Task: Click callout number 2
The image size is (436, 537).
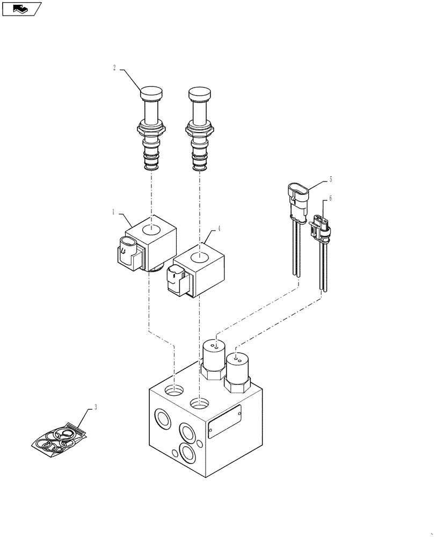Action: [114, 68]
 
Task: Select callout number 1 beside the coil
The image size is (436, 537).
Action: [114, 213]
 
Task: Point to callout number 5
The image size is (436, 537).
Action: [331, 179]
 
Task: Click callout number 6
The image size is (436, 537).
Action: [331, 198]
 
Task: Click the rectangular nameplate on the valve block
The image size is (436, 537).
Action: [224, 422]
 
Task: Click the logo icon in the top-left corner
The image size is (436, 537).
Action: [21, 9]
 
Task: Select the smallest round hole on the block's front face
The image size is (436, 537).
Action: [200, 443]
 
